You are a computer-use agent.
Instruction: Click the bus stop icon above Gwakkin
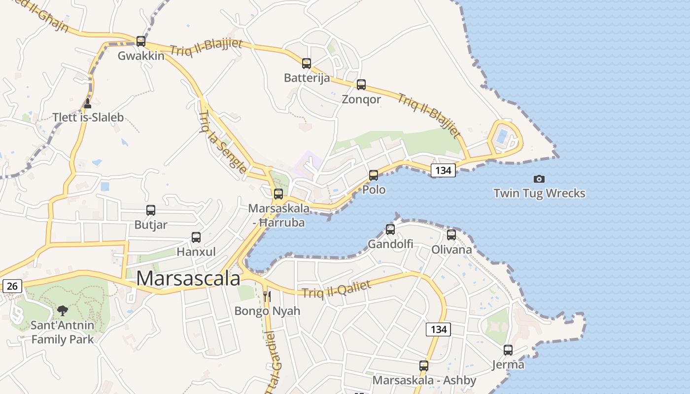click(x=141, y=41)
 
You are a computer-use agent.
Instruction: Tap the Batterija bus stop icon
click(x=307, y=63)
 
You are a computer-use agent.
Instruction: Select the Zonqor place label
click(x=361, y=99)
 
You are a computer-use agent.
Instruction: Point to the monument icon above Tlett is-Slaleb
click(x=88, y=103)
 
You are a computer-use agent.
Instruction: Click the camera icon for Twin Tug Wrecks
click(x=539, y=179)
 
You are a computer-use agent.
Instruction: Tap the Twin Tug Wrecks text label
click(x=539, y=193)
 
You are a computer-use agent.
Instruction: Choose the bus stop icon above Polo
click(x=374, y=175)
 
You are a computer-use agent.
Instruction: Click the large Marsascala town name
click(x=188, y=278)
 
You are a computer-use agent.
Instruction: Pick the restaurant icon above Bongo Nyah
click(x=267, y=296)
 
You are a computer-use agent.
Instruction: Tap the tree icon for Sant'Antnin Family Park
click(x=62, y=310)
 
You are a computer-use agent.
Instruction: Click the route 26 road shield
click(x=12, y=286)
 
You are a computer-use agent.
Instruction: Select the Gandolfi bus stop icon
click(x=390, y=229)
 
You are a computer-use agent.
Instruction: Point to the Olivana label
click(x=451, y=249)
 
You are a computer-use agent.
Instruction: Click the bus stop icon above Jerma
click(x=508, y=350)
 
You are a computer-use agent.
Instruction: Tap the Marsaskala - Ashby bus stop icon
click(x=424, y=366)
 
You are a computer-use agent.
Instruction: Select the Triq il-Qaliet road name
click(x=336, y=290)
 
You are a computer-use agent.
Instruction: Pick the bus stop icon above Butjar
click(x=151, y=210)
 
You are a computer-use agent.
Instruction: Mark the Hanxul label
click(x=196, y=252)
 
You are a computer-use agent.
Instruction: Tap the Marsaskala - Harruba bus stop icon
click(x=278, y=194)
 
